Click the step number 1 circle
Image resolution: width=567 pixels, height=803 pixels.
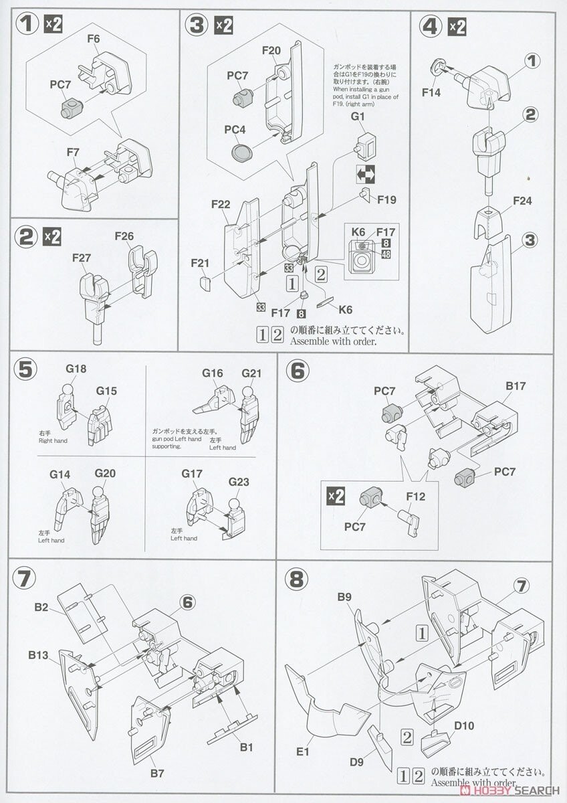(27, 25)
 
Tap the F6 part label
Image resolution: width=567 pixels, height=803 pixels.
(93, 39)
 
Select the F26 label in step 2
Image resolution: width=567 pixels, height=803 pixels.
(124, 237)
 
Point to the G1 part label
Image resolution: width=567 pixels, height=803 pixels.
(358, 116)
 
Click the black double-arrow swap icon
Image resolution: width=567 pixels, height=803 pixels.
(366, 175)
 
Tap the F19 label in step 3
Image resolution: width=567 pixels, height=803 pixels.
(386, 199)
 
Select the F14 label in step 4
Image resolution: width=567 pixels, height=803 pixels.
(431, 93)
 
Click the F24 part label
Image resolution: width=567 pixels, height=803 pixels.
(522, 201)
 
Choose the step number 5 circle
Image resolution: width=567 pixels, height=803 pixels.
(25, 369)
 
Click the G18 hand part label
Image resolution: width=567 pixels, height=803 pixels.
(76, 369)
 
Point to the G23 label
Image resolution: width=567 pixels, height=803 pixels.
(238, 482)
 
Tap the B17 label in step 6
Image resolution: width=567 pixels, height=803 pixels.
(516, 386)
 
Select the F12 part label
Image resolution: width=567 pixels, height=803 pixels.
(415, 497)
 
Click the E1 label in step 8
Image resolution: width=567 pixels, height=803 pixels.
(303, 753)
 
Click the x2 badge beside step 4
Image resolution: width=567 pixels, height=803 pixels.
(457, 27)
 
